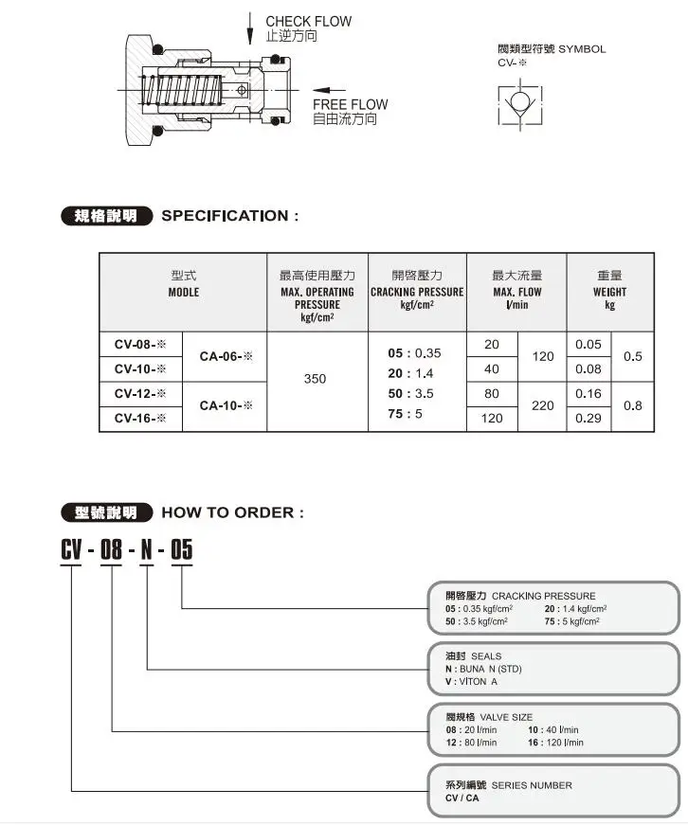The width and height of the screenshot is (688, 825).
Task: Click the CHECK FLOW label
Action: (308, 21)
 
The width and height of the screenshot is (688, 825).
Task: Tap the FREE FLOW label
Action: (350, 104)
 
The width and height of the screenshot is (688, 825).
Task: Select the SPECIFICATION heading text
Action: (230, 216)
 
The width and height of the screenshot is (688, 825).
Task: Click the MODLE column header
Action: (183, 292)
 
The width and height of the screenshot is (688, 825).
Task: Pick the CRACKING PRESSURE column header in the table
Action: (416, 292)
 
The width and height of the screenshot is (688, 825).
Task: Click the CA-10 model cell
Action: (226, 405)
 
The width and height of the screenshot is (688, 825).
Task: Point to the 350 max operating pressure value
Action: (315, 379)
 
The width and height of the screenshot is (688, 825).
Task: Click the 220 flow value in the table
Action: (542, 405)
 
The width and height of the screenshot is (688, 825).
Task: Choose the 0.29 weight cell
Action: (588, 418)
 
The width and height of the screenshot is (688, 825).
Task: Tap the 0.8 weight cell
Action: (632, 405)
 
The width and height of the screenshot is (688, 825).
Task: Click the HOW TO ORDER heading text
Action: (233, 512)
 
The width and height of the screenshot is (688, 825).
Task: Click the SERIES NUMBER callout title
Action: (531, 785)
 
